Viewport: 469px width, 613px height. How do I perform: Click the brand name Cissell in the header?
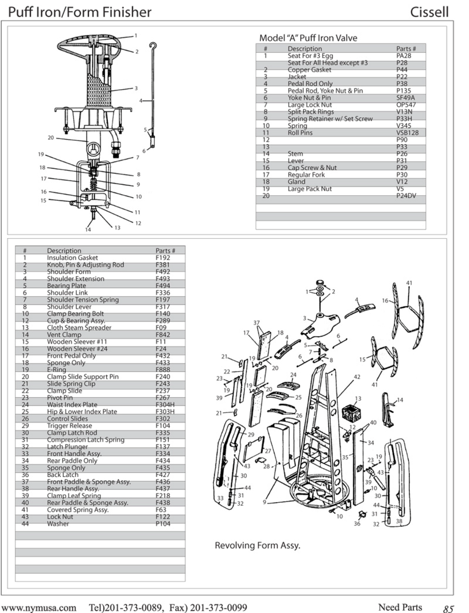click(x=429, y=12)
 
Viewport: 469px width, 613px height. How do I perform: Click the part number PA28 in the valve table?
click(x=404, y=56)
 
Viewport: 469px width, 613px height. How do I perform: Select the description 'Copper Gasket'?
click(x=309, y=70)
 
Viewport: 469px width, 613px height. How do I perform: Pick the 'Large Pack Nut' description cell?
click(x=310, y=188)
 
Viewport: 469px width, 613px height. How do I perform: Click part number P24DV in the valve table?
click(x=406, y=196)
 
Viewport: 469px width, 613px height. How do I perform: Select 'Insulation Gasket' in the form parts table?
click(x=72, y=257)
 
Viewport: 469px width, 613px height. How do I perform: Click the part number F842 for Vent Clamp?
click(x=163, y=335)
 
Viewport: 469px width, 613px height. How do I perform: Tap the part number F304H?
click(x=165, y=405)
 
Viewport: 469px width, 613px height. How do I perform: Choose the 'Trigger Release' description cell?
click(x=69, y=426)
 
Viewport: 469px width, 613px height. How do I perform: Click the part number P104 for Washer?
click(x=163, y=523)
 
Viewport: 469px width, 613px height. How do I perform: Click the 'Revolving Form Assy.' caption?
click(x=258, y=545)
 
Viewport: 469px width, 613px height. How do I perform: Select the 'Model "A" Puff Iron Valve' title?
click(x=308, y=38)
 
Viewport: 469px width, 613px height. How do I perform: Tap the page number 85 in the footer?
click(x=448, y=609)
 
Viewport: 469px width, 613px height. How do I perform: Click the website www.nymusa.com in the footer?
click(x=39, y=608)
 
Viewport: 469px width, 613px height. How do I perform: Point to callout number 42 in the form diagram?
click(x=357, y=377)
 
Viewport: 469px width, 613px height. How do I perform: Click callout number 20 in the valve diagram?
click(x=51, y=138)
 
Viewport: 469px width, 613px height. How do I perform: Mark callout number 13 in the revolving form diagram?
click(x=358, y=399)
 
